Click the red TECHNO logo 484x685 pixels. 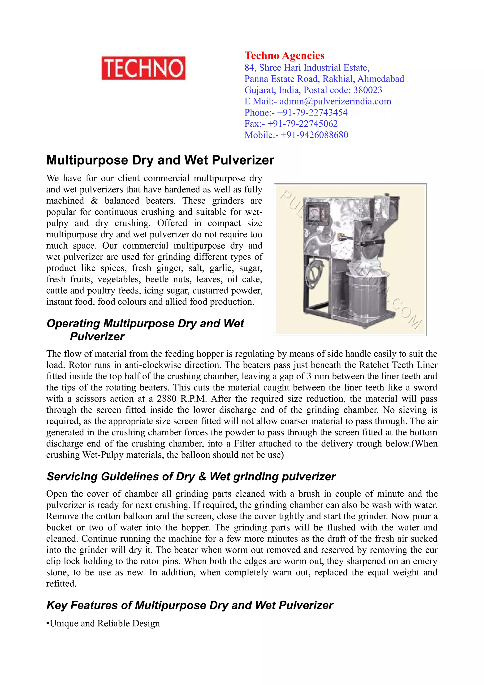pos(143,68)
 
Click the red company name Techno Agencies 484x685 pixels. pos(284,56)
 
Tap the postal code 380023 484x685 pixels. pos(367,90)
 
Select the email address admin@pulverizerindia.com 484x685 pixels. pos(335,101)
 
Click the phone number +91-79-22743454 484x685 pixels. pos(312,113)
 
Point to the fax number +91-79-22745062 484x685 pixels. pos(302,124)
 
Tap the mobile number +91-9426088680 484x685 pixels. pos(314,135)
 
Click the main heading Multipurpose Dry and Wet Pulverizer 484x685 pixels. pos(160,160)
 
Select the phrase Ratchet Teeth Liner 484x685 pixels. pos(398,365)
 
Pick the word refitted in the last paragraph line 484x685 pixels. pos(61,584)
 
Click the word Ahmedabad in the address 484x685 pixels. pos(381,79)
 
